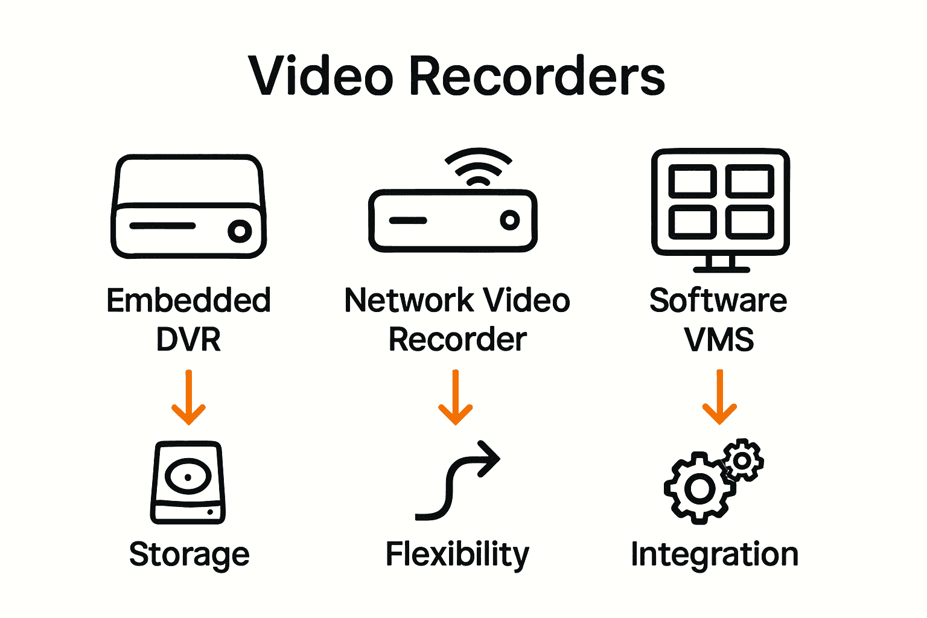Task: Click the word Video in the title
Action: point(322,76)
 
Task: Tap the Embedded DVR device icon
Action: point(188,206)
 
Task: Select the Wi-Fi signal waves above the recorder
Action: point(478,167)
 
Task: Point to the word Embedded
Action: point(188,300)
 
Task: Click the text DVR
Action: point(188,339)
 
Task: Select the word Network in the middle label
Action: point(409,300)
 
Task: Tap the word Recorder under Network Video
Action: point(457,339)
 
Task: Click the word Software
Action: point(718,300)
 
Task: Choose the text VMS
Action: point(719,339)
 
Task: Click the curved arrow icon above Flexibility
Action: point(457,480)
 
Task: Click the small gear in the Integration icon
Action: point(743,460)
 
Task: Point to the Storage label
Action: point(189,554)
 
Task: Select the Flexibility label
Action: point(457,554)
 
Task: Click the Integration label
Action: point(715,554)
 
